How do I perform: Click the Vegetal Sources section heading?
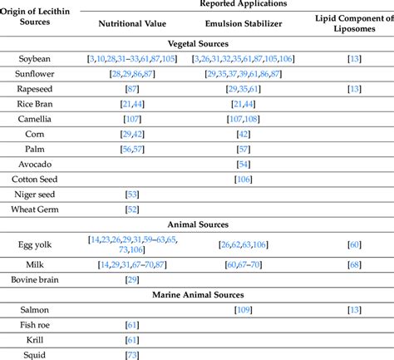point(198,42)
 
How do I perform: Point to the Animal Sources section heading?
point(198,224)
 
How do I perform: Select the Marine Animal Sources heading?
point(198,294)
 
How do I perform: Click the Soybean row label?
point(35,59)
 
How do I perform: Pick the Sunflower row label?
point(35,74)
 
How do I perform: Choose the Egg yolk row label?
point(35,244)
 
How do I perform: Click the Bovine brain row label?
point(35,279)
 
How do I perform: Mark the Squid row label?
point(35,354)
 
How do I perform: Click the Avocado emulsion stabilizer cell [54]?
point(244,164)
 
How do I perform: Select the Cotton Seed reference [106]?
point(244,179)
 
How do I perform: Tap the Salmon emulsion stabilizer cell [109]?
point(244,309)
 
